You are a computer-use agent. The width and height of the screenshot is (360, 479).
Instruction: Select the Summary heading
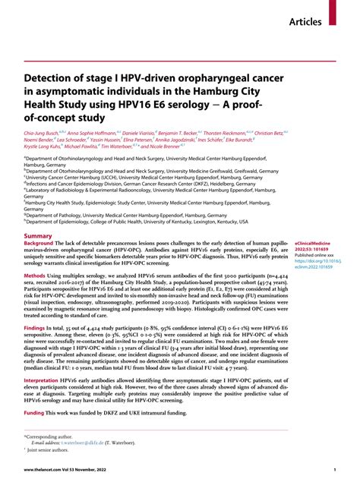[x=39, y=279]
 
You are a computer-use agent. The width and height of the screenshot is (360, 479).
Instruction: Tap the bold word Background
[x=42, y=287]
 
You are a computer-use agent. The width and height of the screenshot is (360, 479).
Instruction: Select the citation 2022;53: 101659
[x=313, y=295]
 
